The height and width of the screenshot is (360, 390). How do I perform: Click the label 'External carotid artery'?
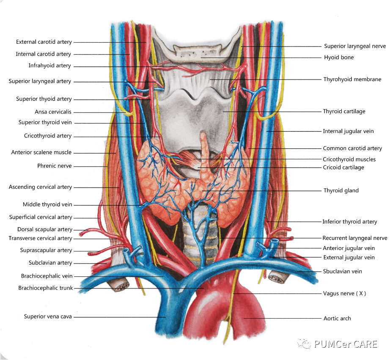(44, 42)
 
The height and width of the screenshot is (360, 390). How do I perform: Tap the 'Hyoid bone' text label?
(338, 57)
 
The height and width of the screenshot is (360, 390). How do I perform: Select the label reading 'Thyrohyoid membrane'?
(352, 79)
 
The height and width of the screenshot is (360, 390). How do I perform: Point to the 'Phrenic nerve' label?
(55, 166)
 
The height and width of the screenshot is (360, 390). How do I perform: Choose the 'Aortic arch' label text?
(337, 318)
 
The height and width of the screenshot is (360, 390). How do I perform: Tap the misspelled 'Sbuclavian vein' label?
(343, 271)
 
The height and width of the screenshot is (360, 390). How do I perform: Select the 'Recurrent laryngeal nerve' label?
(354, 238)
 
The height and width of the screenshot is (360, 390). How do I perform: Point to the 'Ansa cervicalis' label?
(53, 112)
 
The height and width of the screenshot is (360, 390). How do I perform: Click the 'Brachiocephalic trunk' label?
(46, 288)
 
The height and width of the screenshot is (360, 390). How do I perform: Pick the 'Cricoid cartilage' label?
(343, 167)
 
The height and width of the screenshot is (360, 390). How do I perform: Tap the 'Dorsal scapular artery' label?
(45, 229)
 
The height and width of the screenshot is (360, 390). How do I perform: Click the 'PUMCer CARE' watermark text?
(345, 344)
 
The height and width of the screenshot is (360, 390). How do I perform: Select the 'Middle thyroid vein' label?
(47, 205)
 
